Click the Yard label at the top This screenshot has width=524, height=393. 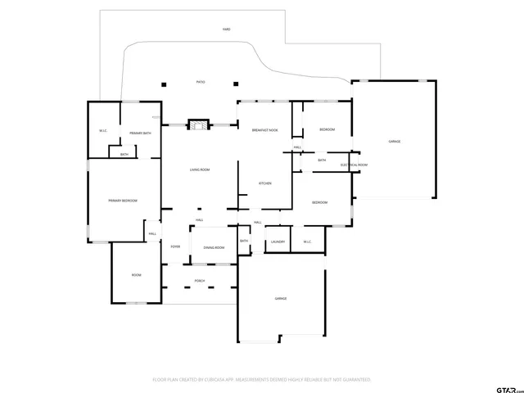tap(226, 29)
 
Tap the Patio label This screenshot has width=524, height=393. tap(201, 83)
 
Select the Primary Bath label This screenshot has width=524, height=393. tap(139, 132)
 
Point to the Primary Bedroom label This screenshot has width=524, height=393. tap(123, 201)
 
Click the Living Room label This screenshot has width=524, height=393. tap(200, 169)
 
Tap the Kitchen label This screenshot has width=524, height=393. tap(265, 183)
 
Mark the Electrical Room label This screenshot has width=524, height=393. tap(355, 165)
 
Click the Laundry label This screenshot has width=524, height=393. tap(278, 242)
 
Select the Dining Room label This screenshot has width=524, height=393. tap(214, 247)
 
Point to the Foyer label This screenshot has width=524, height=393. tap(175, 246)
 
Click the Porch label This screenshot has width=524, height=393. tap(199, 281)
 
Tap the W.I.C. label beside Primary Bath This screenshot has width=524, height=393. tap(103, 131)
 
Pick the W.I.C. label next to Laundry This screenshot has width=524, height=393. tap(308, 242)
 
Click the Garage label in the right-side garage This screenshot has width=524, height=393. tap(394, 142)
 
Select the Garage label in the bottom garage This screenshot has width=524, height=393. tap(280, 299)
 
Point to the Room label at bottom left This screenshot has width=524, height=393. tap(136, 275)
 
